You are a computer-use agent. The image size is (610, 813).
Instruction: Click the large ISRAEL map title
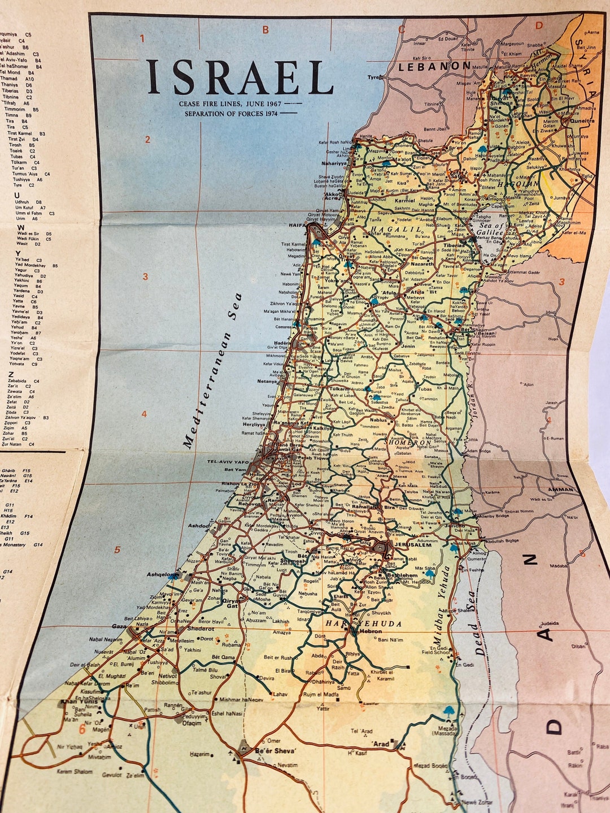coord(241,77)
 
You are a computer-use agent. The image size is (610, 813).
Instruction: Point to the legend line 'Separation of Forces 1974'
coord(232,113)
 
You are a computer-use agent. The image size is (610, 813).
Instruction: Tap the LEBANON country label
coord(434,66)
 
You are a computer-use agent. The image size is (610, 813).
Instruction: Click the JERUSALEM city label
coord(413,545)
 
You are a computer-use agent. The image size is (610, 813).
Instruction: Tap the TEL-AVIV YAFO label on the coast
coord(228,462)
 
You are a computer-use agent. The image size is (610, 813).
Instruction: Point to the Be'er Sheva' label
coord(276,750)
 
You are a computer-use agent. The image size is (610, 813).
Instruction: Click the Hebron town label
coord(371,631)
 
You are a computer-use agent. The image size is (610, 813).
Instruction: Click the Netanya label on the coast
coord(267,381)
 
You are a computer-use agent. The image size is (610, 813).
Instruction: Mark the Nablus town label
coord(378,420)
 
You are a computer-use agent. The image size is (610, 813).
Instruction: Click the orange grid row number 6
coord(82,729)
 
